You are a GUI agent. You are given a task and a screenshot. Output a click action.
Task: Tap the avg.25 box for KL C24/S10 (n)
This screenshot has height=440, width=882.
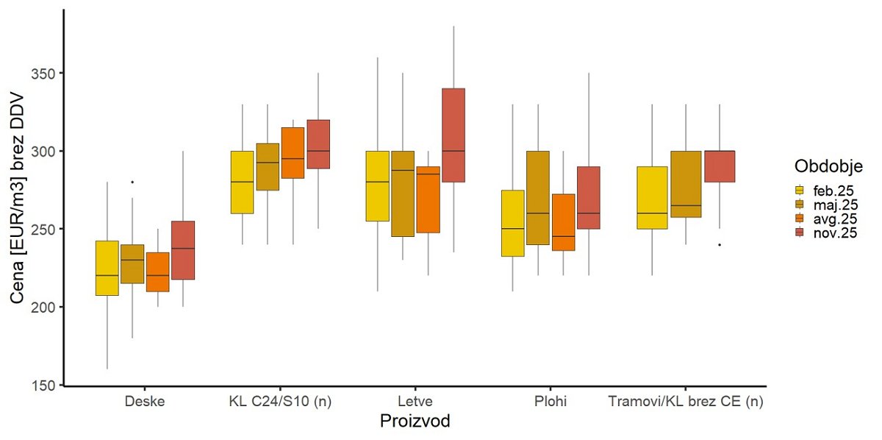[293, 153]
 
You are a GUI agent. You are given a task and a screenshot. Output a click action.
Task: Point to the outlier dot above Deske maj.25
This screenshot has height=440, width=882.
[132, 182]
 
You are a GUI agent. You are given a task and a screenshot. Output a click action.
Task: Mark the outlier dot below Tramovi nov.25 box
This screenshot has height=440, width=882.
[719, 244]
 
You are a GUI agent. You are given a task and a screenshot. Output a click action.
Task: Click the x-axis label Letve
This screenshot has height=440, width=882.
[415, 402]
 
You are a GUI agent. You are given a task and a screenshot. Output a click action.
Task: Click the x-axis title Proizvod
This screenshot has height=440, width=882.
[415, 422]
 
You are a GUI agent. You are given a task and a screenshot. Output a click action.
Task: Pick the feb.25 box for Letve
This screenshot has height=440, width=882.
[377, 186]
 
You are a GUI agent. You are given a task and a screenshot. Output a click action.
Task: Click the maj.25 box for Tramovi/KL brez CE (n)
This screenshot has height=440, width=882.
[685, 184]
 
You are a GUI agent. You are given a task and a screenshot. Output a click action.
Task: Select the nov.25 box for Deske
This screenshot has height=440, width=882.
[182, 250]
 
